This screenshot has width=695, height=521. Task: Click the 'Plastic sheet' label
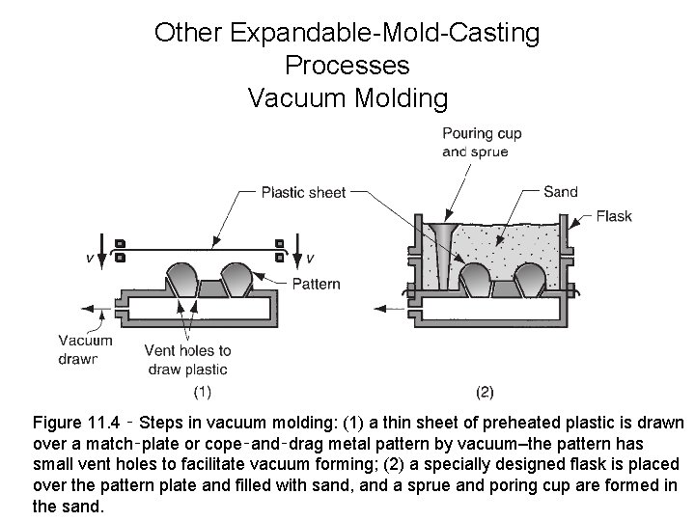[303, 192]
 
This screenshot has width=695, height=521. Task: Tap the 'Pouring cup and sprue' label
[482, 142]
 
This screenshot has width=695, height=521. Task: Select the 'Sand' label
[561, 192]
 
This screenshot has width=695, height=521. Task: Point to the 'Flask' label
[614, 216]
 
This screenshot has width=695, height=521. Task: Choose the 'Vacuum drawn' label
[85, 348]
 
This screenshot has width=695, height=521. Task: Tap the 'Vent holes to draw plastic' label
[187, 359]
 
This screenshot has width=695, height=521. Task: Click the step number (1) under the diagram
[203, 392]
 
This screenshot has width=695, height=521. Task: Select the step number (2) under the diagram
[486, 392]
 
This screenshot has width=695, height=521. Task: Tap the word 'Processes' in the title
[347, 66]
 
